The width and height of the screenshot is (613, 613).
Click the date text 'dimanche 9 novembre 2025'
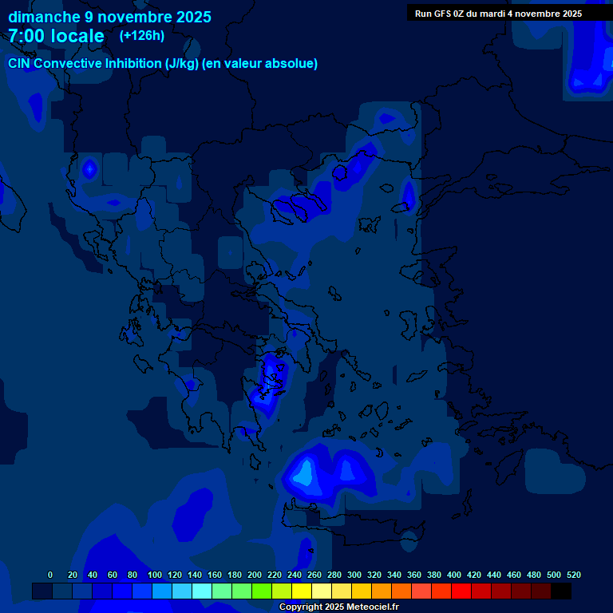click(109, 17)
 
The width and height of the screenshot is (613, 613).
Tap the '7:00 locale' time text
click(56, 36)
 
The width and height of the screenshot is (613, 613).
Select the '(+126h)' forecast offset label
click(142, 35)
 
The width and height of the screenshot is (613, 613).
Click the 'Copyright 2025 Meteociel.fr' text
click(338, 607)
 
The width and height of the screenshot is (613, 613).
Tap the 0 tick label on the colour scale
click(50, 575)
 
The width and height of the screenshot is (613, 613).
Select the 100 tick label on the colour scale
click(155, 575)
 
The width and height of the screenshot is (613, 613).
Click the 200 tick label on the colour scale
click(255, 575)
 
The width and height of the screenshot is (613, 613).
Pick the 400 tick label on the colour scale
click(454, 575)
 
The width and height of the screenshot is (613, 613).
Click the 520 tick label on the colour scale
click(574, 575)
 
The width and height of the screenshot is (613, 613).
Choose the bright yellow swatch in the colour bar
click(302, 591)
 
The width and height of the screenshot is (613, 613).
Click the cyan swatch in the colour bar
click(202, 591)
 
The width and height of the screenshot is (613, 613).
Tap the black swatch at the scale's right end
click(561, 591)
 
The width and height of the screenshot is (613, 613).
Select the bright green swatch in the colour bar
click(262, 591)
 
